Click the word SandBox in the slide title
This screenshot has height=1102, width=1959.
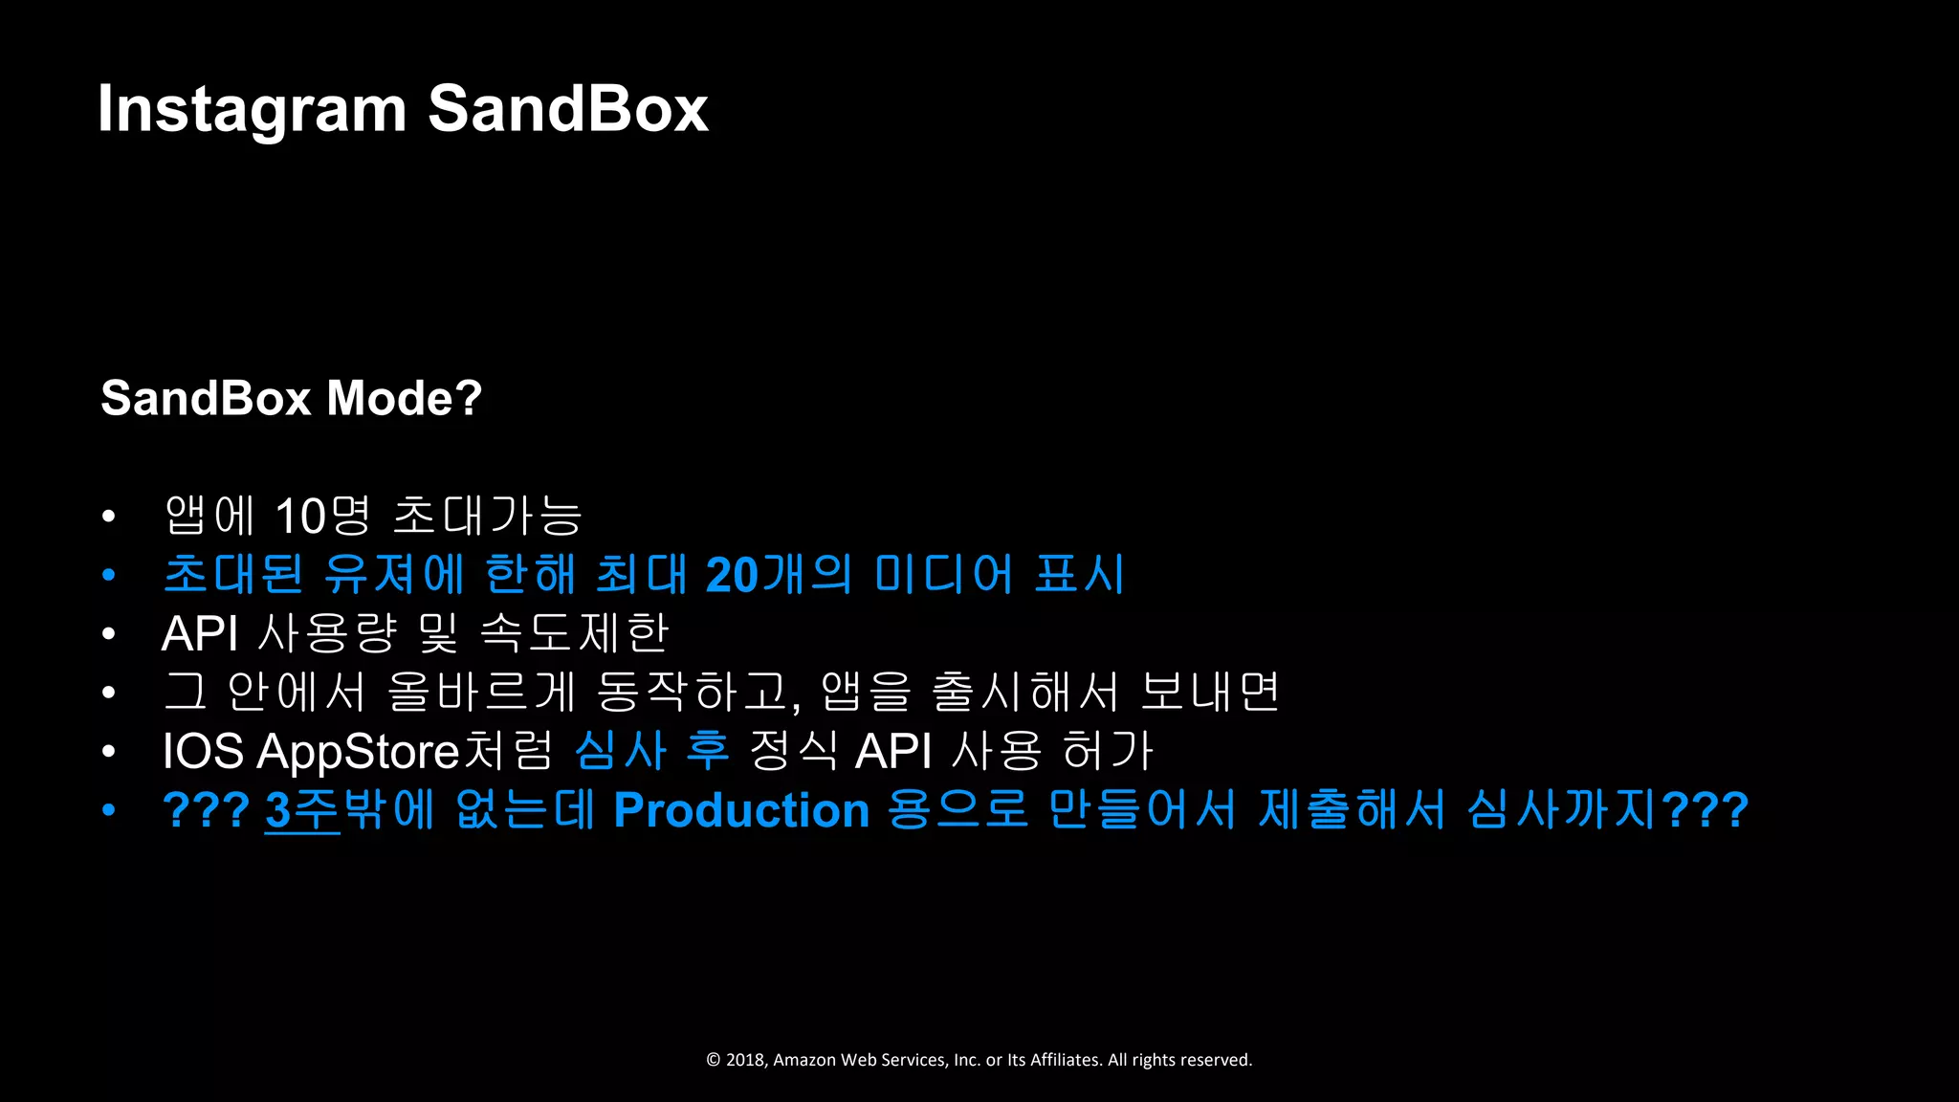[x=567, y=109]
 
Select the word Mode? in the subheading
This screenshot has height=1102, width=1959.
[x=404, y=398]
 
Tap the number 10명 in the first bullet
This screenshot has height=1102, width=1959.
[x=322, y=517]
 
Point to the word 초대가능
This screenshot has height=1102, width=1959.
[x=487, y=517]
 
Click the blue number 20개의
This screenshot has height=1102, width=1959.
[x=778, y=575]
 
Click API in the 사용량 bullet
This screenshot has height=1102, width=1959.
[x=200, y=633]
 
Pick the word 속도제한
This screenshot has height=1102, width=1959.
[x=574, y=633]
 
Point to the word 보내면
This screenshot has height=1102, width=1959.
[x=1210, y=692]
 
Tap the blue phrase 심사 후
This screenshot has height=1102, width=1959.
[x=652, y=751]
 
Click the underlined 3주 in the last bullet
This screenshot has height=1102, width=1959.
[x=301, y=810]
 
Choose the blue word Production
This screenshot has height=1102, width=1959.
[x=741, y=810]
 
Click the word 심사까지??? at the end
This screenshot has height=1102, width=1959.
[x=1607, y=810]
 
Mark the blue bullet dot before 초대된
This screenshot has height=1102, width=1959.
[x=109, y=575]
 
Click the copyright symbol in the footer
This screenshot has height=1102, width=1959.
[x=713, y=1060]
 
